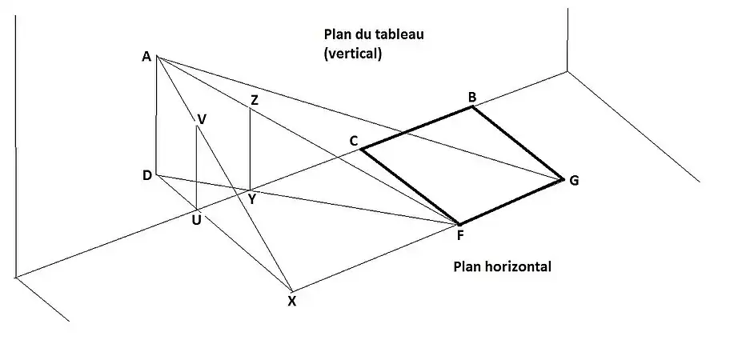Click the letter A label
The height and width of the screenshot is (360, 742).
click(146, 56)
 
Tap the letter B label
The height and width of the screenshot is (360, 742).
click(472, 98)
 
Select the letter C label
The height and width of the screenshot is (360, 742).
click(353, 141)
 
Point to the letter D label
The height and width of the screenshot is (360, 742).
click(147, 174)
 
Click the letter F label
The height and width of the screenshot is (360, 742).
click(459, 235)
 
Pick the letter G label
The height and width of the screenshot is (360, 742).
click(574, 181)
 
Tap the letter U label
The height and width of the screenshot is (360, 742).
click(196, 219)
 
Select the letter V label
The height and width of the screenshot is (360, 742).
click(202, 119)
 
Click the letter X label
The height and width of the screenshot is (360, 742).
click(291, 301)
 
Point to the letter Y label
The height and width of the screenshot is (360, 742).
click(251, 199)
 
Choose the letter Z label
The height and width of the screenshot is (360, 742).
click(255, 100)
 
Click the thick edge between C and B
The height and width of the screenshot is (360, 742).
click(416, 127)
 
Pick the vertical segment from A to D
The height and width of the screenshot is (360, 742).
click(156, 116)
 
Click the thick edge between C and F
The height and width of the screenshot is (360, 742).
click(410, 186)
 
